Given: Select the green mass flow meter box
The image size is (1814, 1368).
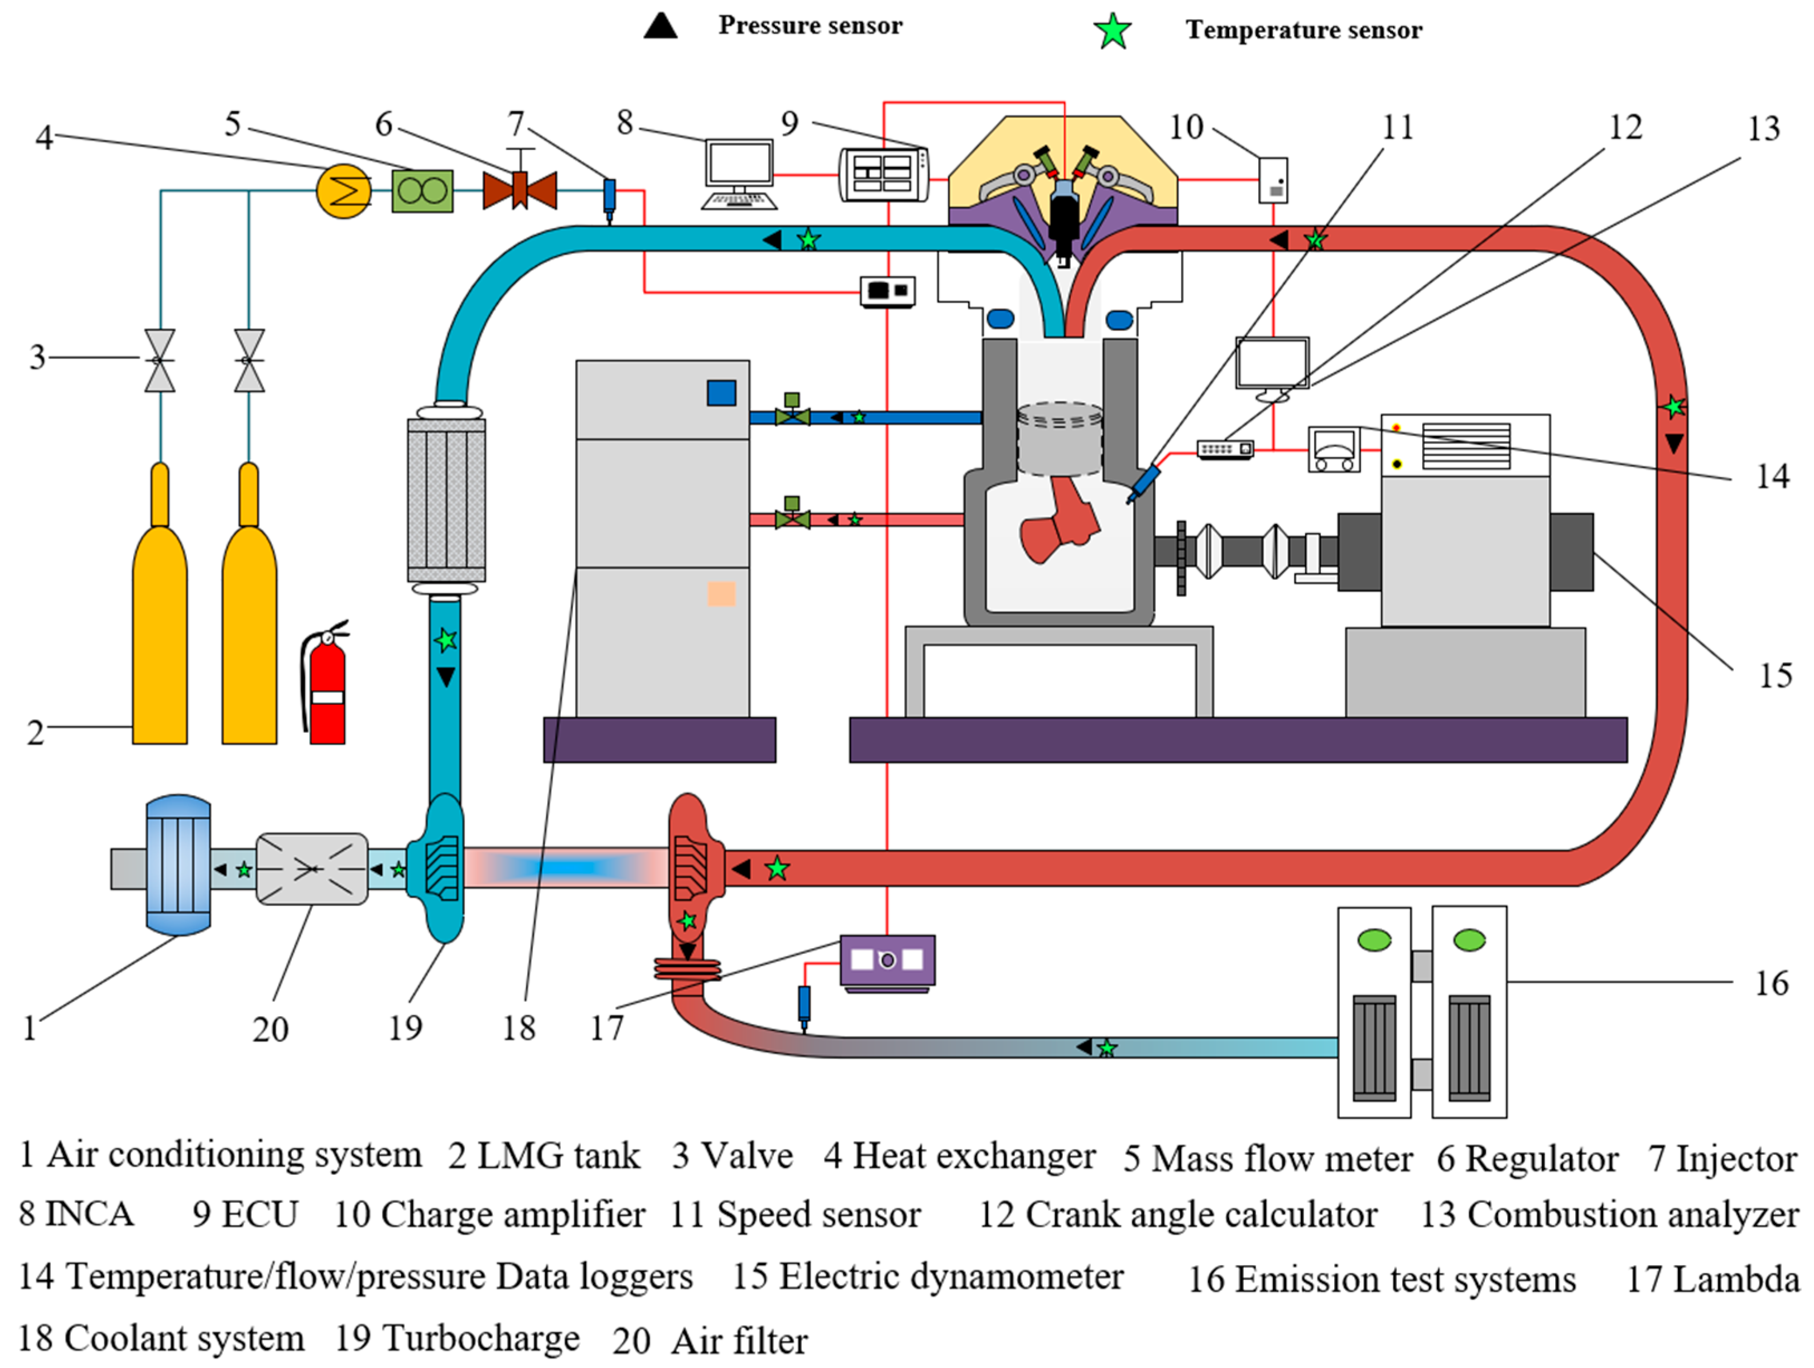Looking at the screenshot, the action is [x=422, y=191].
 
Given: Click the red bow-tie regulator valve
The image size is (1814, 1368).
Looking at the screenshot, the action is [x=520, y=189].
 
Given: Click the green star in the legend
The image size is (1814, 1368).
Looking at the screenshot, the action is [x=1113, y=31].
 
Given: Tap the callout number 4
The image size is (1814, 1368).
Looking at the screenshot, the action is [x=44, y=137].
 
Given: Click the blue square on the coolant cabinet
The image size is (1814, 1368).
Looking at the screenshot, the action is [x=721, y=393].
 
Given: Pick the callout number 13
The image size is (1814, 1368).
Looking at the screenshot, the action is [x=1764, y=128].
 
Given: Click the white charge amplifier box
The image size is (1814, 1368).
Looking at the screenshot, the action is [x=1273, y=180].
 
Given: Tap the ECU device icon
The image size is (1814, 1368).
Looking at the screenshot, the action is [x=884, y=174].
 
